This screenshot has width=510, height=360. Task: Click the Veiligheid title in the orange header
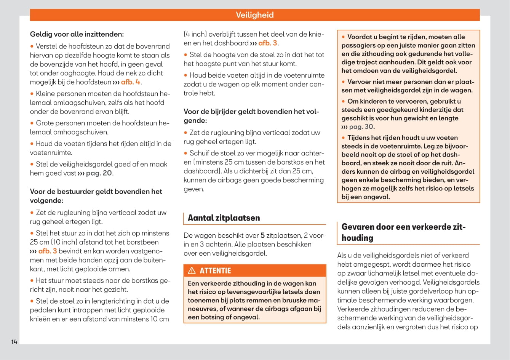254,15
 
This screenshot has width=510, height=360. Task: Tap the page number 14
14,342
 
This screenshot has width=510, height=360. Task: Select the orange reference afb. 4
131,82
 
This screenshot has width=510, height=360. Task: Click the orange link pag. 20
99,173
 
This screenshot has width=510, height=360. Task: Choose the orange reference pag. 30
361,127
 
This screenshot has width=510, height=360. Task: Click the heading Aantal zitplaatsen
224,218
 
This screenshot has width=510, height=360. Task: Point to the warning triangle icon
192,271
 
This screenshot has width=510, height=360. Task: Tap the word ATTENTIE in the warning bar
215,271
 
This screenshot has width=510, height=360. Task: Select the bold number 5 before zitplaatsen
262,236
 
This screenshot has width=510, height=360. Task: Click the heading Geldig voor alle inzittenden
77,34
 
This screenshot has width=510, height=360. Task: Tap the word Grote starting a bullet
45,123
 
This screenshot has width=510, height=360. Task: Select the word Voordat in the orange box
360,37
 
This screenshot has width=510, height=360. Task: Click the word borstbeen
145,242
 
